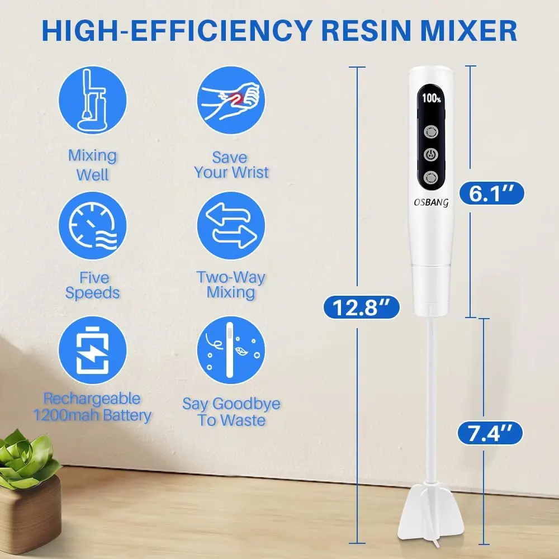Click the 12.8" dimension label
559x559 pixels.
pos(361,307)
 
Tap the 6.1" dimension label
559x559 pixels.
pos(491,193)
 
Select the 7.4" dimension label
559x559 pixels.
pos(490,433)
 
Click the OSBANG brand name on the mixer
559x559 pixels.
pos(431,202)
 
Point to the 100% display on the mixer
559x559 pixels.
pos(432,98)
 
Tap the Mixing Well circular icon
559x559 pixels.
pos(93,100)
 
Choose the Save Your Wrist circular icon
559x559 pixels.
pos(231,100)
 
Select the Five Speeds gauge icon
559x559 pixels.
pos(93,225)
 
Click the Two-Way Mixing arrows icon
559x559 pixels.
pos(231,225)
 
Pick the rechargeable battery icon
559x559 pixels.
pos(93,350)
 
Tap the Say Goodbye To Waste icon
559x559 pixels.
pos(231,350)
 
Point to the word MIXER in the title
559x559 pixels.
pos(469,31)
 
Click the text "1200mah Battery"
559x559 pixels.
pos(92,415)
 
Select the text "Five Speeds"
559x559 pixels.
pos(93,285)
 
